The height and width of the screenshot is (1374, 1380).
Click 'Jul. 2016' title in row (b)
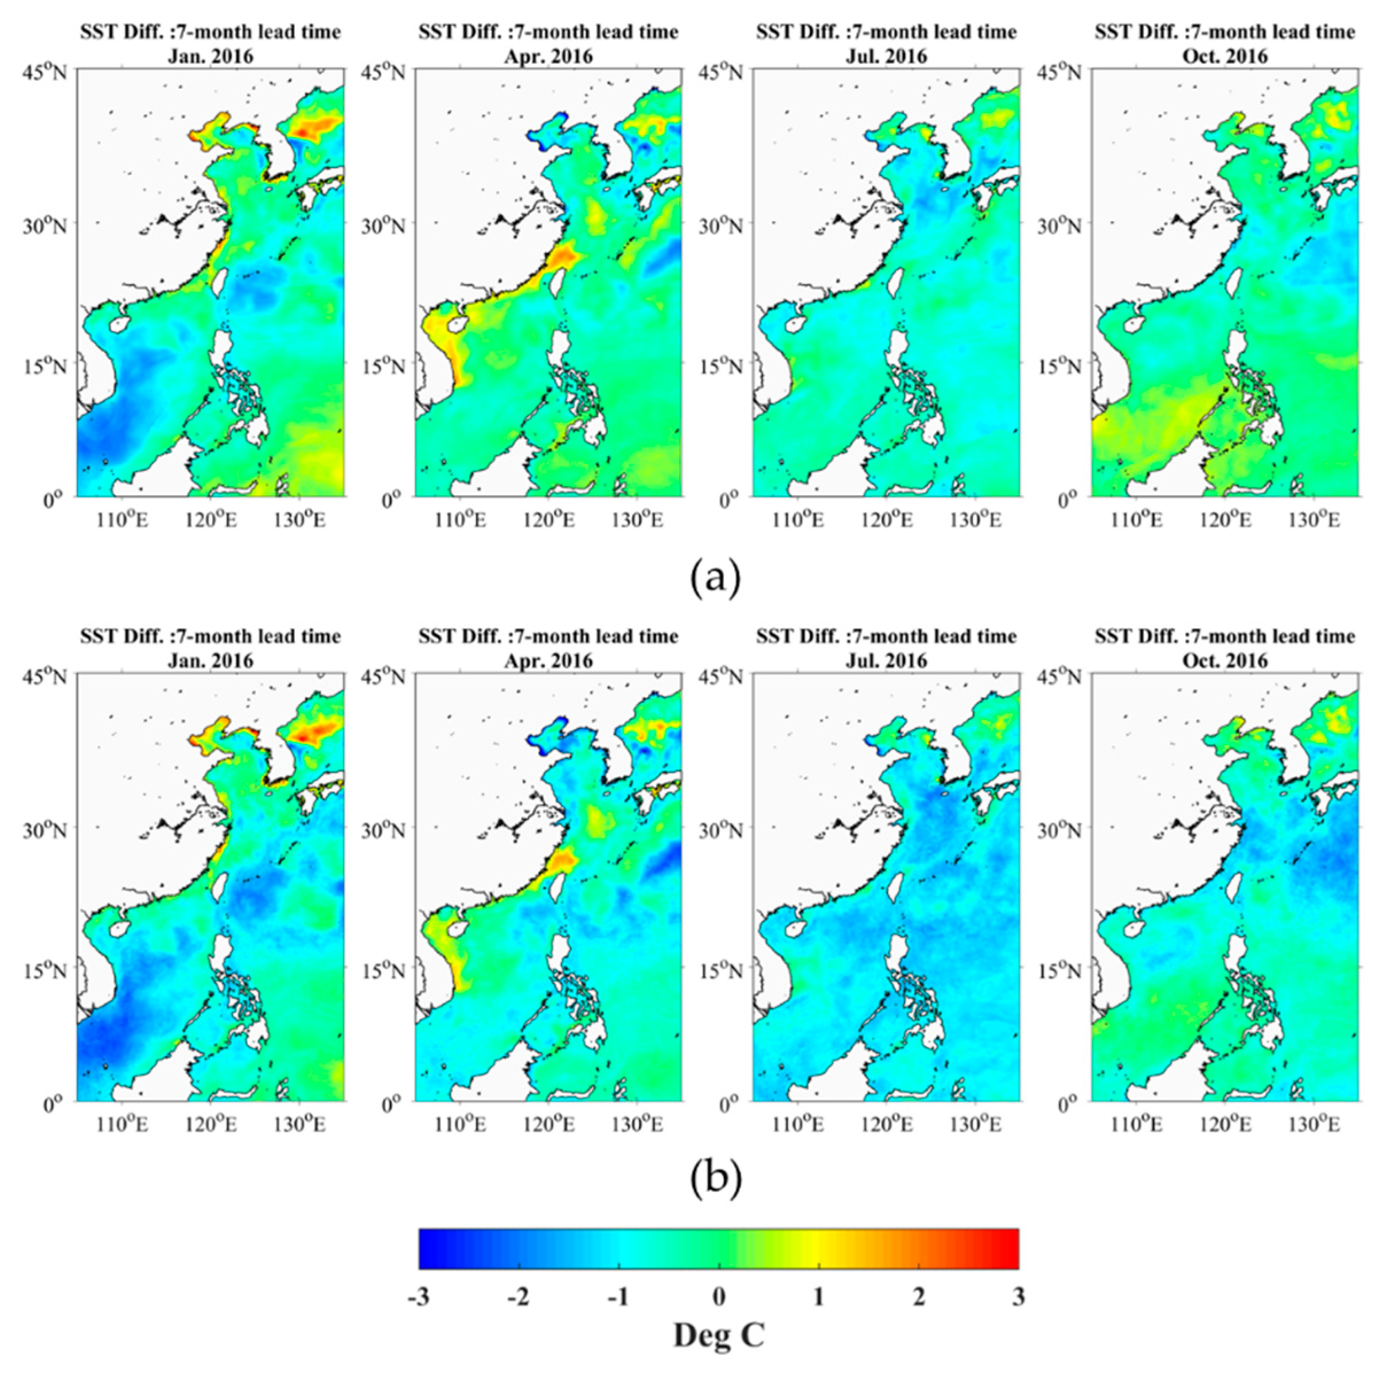(x=886, y=660)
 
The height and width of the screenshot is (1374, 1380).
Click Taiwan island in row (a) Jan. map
(x=221, y=280)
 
